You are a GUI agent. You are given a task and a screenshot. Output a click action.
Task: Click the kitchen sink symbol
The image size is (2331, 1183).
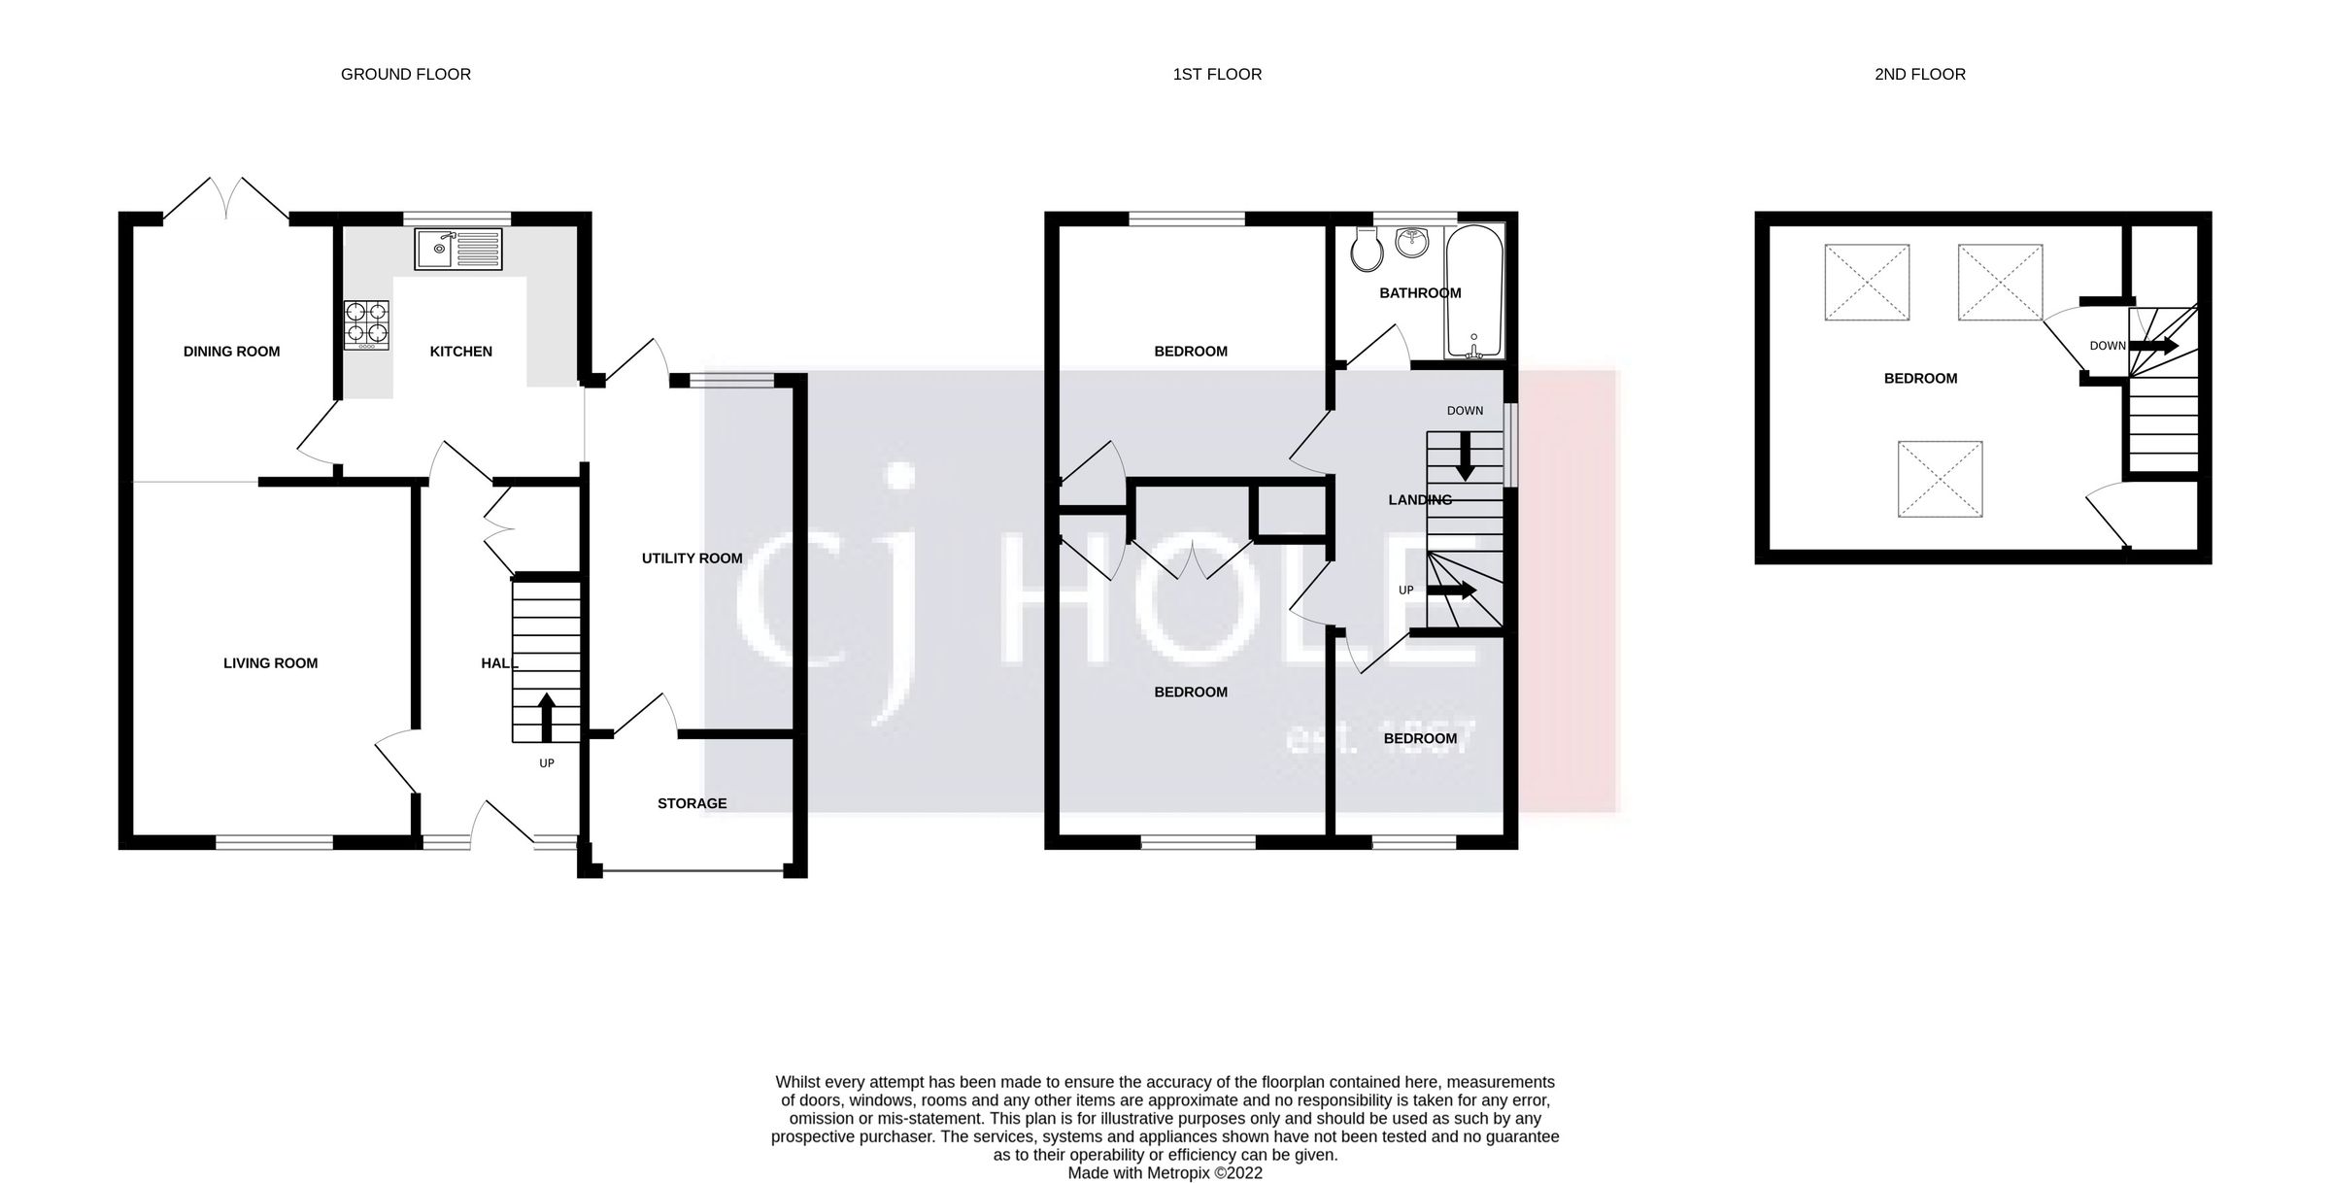click(x=457, y=249)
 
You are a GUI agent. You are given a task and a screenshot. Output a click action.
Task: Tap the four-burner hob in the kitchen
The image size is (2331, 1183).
click(x=366, y=324)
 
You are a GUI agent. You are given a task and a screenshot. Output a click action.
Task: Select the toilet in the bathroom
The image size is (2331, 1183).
click(x=1367, y=252)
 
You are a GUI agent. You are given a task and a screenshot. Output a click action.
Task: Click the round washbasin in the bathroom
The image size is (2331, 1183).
click(x=1412, y=243)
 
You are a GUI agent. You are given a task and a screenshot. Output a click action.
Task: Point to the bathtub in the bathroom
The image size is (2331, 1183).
click(x=1473, y=291)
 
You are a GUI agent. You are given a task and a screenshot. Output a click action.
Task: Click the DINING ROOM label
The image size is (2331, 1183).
click(x=231, y=352)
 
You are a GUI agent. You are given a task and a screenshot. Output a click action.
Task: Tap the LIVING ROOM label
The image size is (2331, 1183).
click(x=270, y=663)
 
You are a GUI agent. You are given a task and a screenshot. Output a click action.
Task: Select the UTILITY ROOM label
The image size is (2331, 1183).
click(x=692, y=558)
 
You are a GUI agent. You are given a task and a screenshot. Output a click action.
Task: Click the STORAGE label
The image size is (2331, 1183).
click(x=692, y=803)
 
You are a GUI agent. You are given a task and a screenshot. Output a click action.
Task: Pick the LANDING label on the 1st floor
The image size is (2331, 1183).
click(x=1419, y=500)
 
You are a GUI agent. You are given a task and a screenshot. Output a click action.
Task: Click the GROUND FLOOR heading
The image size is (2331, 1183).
click(x=405, y=74)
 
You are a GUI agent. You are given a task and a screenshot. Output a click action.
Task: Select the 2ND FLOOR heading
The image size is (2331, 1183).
click(x=1919, y=74)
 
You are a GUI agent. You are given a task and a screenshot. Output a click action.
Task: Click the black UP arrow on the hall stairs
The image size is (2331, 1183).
click(x=547, y=717)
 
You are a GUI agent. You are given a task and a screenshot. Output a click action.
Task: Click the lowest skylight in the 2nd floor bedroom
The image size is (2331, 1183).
click(x=1940, y=479)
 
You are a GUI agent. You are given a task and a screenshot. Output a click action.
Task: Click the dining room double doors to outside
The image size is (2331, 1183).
click(x=226, y=199)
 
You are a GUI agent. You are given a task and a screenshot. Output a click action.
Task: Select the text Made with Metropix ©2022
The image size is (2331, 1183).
click(x=1165, y=1172)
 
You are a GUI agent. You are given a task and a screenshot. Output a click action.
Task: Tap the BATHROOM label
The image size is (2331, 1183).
click(x=1419, y=292)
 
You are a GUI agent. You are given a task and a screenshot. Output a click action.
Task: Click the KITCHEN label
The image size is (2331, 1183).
click(x=460, y=352)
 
